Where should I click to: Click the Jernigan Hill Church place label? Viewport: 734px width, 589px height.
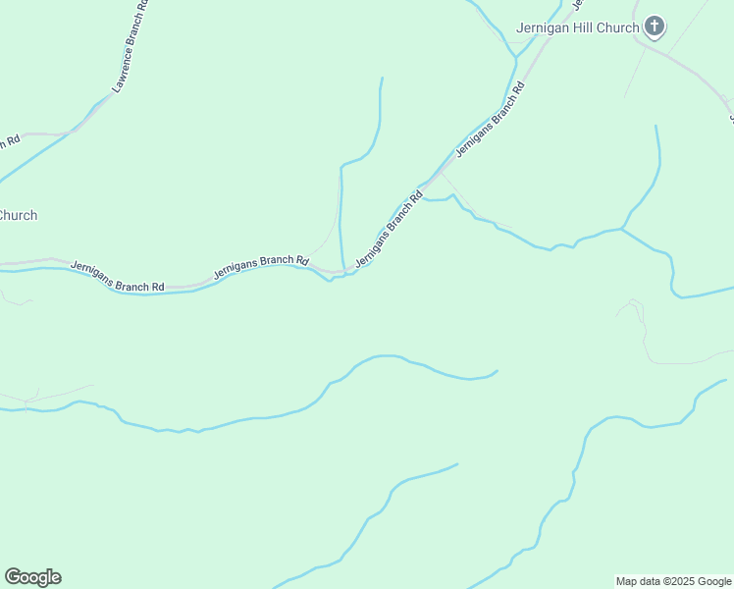pos(578,27)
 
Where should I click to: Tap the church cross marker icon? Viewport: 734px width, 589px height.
pos(655,27)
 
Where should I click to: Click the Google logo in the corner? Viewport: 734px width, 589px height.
pos(32,577)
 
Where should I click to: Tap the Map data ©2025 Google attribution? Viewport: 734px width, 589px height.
pos(673,581)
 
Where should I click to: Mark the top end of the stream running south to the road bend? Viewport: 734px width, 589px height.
pos(382,79)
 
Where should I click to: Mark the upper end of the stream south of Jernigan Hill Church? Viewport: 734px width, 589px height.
pos(656,126)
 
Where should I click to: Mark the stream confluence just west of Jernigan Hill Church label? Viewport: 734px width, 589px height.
pos(514,56)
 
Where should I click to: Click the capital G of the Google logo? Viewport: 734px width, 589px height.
pos(13,577)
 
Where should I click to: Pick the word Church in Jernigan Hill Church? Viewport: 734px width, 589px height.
pos(618,27)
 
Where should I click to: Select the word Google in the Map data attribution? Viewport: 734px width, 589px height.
pos(713,581)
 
